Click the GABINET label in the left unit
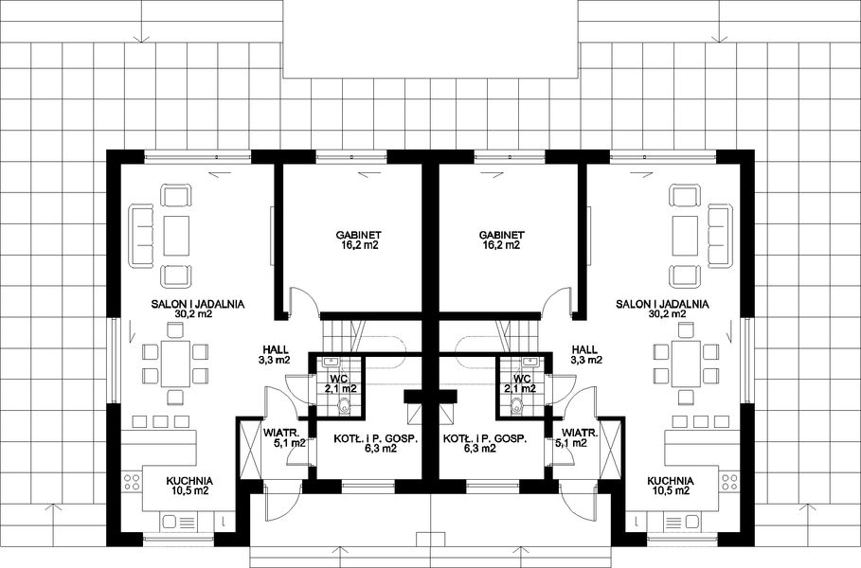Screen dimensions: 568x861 coord(358,234)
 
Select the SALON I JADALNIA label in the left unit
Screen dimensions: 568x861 coord(198,304)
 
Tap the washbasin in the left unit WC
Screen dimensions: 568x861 coord(332,362)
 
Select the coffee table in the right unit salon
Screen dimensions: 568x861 coord(684,236)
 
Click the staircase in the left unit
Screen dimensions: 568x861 coord(342,336)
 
